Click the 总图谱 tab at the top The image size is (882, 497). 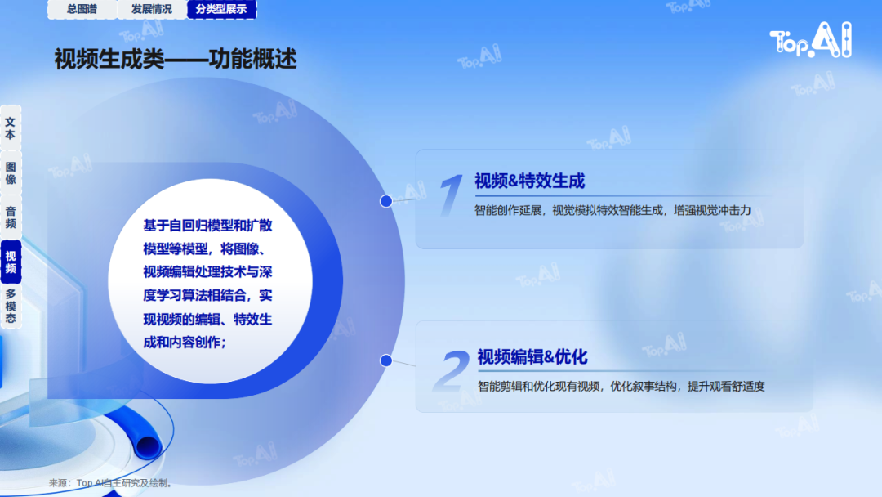point(82,9)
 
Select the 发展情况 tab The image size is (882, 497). point(152,9)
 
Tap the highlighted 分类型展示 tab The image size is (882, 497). point(221,9)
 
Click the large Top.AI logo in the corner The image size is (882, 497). point(811,40)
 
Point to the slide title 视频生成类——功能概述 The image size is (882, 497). point(175,59)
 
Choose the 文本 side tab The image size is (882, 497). point(11,128)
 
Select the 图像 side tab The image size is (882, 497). point(11,173)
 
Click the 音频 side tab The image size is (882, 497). point(11,217)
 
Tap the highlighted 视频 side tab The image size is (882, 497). point(11,262)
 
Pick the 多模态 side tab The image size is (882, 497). point(11,307)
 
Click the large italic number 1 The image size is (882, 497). point(451,195)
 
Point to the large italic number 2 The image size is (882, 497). point(451,370)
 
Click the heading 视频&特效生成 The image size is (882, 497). point(530,181)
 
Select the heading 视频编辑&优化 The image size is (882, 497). point(532,357)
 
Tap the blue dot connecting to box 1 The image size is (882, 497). point(385,201)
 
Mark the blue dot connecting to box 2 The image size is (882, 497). point(385,360)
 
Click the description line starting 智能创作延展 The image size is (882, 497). point(612,211)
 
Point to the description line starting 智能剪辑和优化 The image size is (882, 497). point(621,386)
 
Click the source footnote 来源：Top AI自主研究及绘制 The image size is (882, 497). point(110,483)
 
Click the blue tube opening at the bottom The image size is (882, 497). point(148,447)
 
